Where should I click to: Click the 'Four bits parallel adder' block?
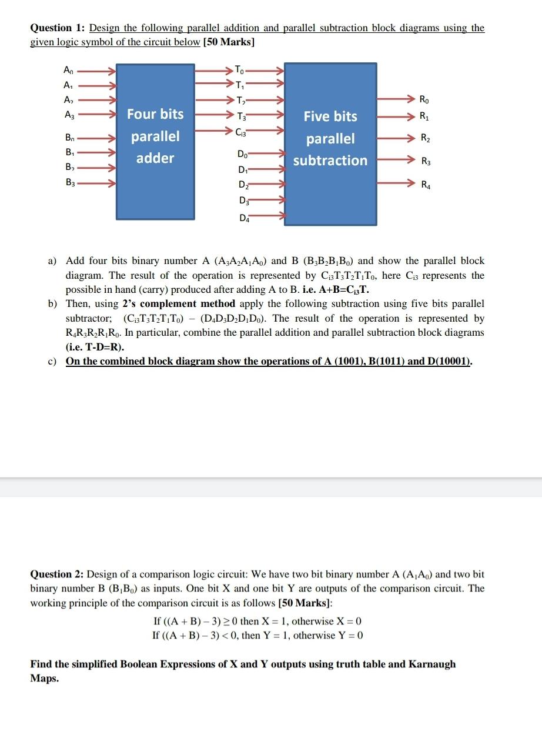pos(155,141)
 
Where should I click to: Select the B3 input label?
pos(69,183)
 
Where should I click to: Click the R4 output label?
pos(425,186)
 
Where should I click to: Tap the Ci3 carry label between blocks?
pos(242,132)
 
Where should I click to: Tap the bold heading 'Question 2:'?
pos(58,574)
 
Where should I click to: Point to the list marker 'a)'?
pos(52,260)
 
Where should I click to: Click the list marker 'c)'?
pos(52,361)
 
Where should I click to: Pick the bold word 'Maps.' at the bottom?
pos(45,678)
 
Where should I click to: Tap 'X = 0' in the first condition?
pos(349,621)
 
